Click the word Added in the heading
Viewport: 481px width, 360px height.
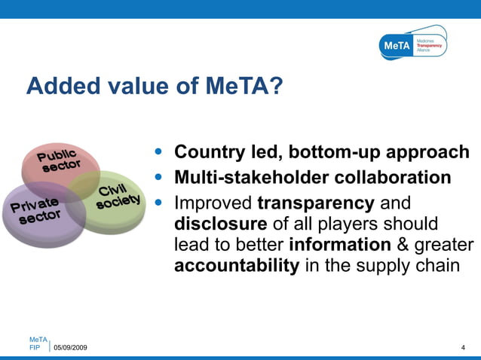coord(57,87)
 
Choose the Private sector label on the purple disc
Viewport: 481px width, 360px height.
coord(35,211)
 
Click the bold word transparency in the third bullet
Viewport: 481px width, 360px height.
coord(316,203)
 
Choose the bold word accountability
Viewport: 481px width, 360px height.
coord(237,267)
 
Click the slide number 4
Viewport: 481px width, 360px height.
coord(462,347)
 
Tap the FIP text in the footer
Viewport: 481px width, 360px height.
coord(35,347)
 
